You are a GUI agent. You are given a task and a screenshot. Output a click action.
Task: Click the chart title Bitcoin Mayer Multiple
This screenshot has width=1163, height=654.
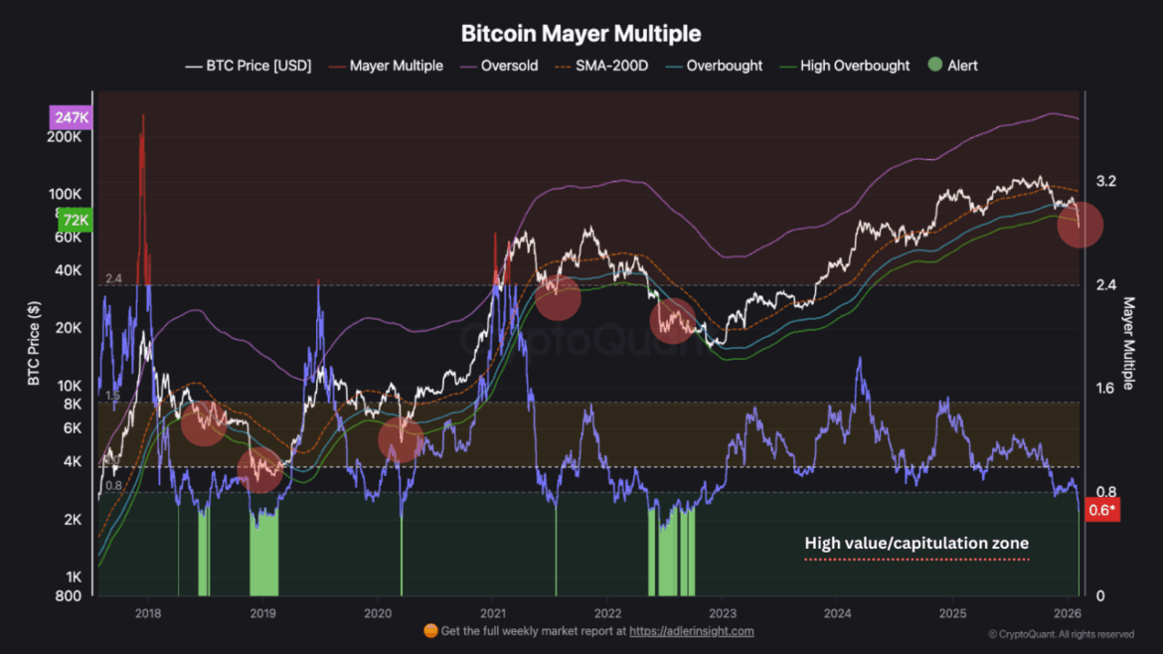[581, 33]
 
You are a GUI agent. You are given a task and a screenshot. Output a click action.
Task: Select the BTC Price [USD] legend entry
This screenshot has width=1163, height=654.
[249, 66]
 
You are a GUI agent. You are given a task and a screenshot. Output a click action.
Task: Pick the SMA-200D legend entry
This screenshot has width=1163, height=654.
[607, 66]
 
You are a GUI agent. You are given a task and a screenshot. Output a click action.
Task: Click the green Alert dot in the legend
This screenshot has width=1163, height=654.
[934, 66]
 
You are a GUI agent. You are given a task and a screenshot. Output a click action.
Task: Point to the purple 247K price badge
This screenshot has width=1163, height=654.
[70, 117]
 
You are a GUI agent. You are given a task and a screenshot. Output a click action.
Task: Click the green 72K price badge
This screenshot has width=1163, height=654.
[74, 221]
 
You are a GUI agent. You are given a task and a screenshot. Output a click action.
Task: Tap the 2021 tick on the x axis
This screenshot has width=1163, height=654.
[494, 611]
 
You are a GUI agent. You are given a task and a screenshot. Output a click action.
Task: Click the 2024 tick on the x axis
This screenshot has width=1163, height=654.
[837, 611]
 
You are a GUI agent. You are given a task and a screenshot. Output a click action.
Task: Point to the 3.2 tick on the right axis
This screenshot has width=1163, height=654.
[1105, 182]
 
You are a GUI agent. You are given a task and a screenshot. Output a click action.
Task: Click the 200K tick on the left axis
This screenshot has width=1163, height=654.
[65, 136]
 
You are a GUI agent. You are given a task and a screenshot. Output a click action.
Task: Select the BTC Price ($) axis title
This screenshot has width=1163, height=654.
[34, 344]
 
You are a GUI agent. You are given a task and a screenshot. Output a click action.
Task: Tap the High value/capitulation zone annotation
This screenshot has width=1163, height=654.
[915, 544]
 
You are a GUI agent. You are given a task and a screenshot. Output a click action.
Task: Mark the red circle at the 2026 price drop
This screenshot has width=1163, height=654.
[1080, 225]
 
